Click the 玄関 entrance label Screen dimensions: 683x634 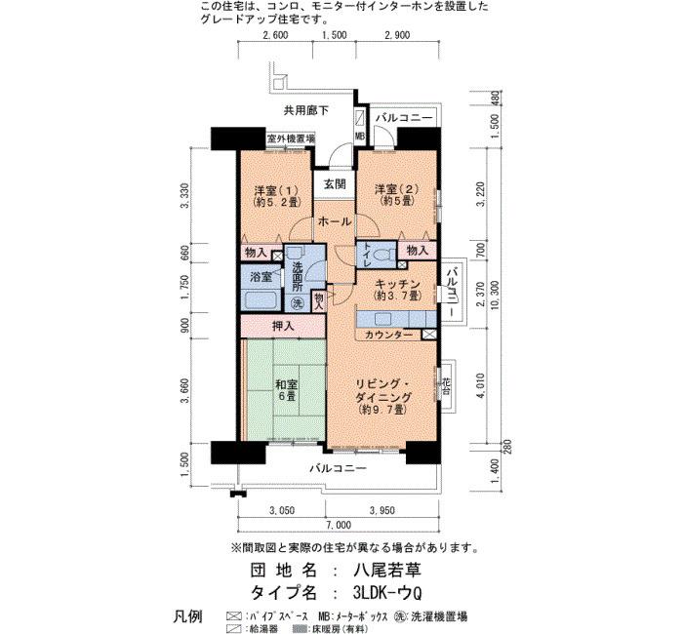tap(335, 184)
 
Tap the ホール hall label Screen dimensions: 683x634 tap(335, 221)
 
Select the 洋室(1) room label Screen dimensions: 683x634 tap(276, 190)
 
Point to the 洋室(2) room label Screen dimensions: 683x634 tap(396, 189)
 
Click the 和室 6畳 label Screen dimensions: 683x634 tap(286, 390)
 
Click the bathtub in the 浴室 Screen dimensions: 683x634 tap(261, 300)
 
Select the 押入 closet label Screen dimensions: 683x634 tap(283, 326)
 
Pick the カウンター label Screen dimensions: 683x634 tap(388, 335)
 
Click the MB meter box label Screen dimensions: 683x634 tap(360, 137)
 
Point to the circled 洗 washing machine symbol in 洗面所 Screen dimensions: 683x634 tap(298, 303)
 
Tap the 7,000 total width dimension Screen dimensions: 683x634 tap(339, 525)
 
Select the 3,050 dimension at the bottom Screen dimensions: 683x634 tap(281, 510)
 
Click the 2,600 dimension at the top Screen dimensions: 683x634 tap(275, 35)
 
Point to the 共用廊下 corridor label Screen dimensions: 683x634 tap(306, 110)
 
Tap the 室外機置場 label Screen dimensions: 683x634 tap(291, 139)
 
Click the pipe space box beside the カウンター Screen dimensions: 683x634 tap(429, 335)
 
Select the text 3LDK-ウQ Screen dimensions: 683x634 tap(387, 592)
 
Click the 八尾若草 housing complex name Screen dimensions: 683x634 tap(386, 570)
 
